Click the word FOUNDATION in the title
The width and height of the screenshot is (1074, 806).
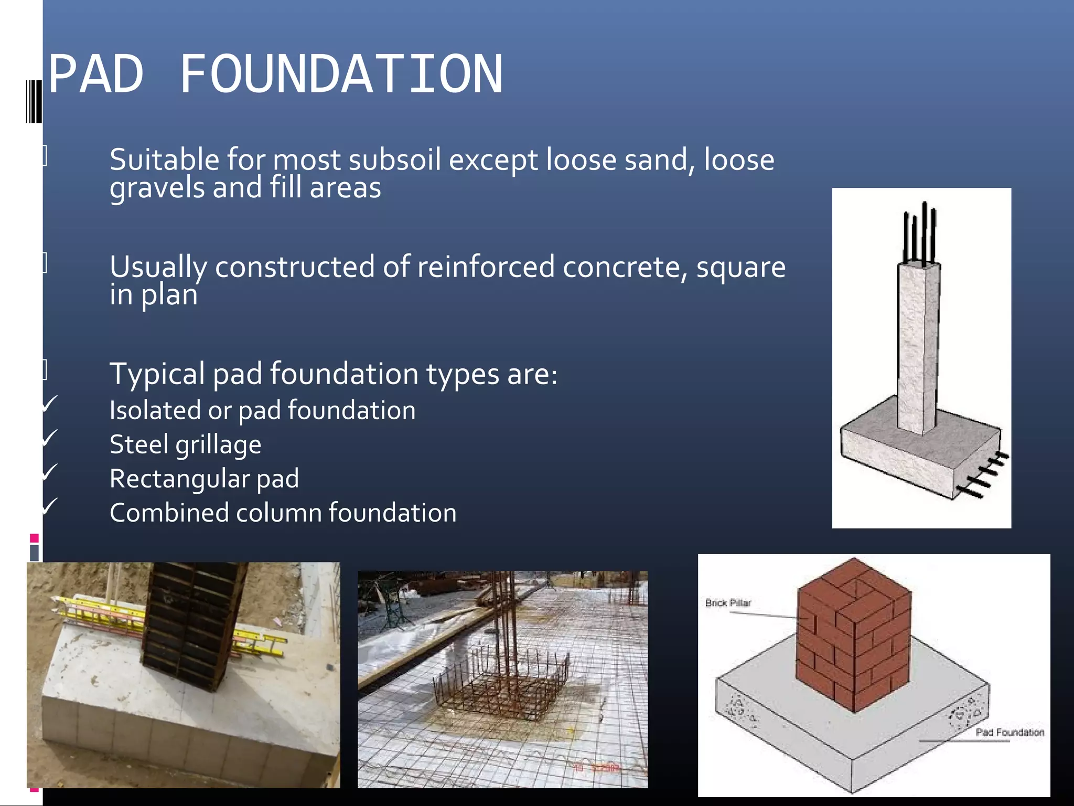[341, 75]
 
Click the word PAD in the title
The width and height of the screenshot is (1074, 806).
[95, 75]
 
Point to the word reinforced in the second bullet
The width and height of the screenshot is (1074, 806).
[486, 267]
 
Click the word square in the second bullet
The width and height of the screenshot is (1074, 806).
[740, 267]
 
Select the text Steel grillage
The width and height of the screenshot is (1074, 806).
[185, 445]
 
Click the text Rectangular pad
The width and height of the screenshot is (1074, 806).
[204, 479]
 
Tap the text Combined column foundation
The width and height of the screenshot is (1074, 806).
[283, 513]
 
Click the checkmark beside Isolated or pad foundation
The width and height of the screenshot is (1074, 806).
[49, 404]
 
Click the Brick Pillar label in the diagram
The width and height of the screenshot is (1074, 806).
[728, 603]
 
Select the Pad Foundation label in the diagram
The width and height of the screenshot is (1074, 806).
[1009, 732]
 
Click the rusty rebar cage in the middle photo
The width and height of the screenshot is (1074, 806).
[501, 682]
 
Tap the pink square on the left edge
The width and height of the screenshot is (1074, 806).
[35, 538]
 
